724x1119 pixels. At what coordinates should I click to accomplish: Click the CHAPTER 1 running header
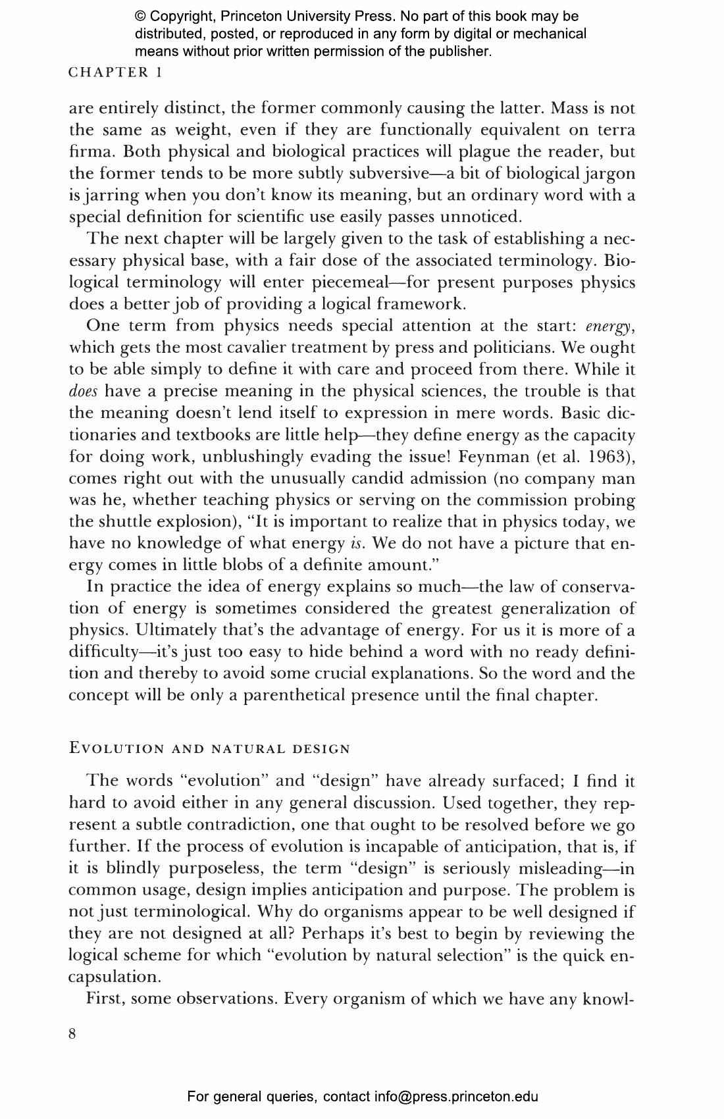(x=115, y=72)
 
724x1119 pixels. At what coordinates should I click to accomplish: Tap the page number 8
(x=72, y=1034)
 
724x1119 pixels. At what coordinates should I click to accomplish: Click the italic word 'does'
(x=83, y=392)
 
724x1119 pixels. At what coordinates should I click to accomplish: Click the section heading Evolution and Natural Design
(x=209, y=749)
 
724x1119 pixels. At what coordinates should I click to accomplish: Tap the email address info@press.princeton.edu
(x=456, y=1097)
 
